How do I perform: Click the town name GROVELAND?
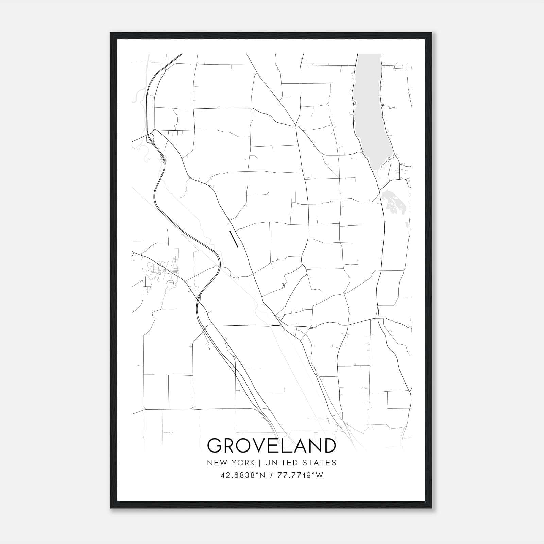(x=271, y=446)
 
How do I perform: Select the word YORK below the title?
(x=242, y=463)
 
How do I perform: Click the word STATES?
(x=321, y=463)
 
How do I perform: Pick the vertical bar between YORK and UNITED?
(x=259, y=463)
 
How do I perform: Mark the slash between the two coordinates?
(x=271, y=475)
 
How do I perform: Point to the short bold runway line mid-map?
(x=234, y=239)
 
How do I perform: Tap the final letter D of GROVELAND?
(x=328, y=446)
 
